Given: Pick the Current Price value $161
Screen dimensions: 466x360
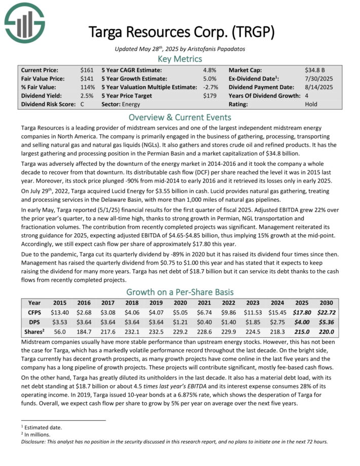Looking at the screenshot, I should (x=87, y=69).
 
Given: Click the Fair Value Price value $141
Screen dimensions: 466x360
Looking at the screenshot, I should (x=87, y=79).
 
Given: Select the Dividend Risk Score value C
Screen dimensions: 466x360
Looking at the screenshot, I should (x=82, y=104).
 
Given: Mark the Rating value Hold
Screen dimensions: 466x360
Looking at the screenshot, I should (x=311, y=104).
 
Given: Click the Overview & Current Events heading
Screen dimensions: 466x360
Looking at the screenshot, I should (x=179, y=116).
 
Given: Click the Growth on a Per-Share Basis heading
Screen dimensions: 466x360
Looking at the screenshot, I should (x=179, y=292).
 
